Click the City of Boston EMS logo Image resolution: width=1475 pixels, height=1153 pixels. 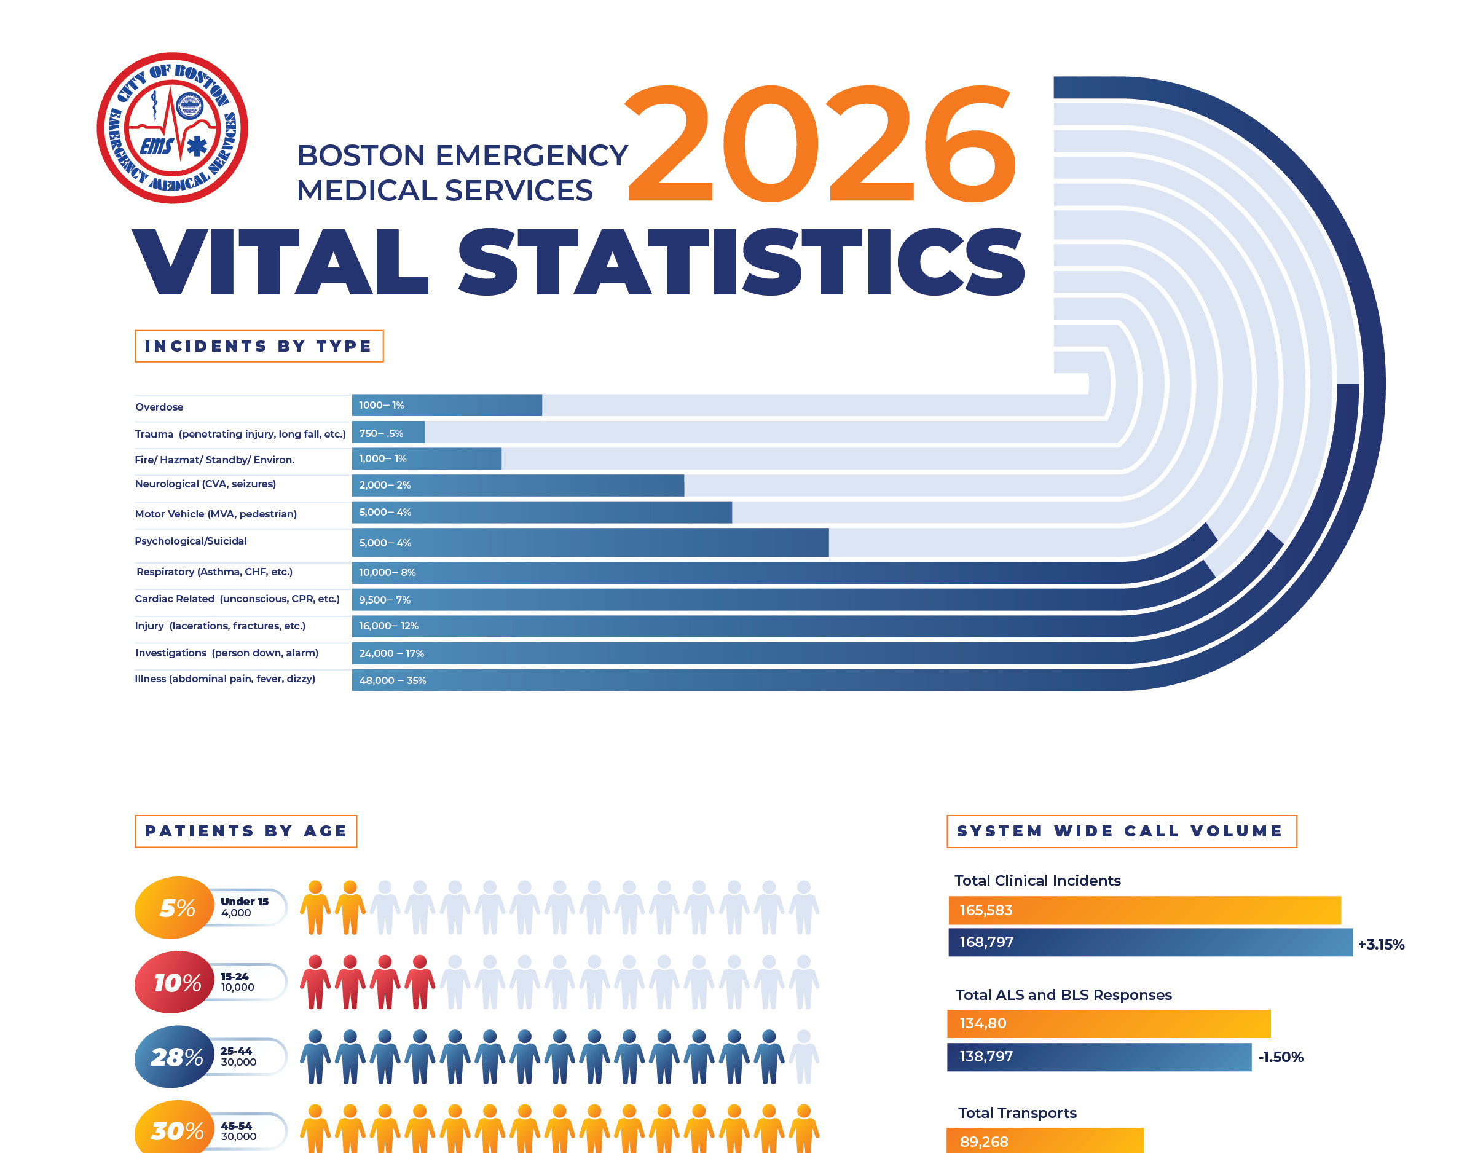[x=172, y=128]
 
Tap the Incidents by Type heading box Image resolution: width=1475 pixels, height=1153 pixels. [x=259, y=347]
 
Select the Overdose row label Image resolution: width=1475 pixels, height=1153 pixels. [x=159, y=407]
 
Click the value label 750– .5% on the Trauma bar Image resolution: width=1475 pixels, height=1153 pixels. [x=381, y=433]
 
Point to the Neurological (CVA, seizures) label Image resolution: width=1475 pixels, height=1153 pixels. [x=205, y=484]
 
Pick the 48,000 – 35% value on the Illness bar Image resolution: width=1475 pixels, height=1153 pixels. [x=392, y=680]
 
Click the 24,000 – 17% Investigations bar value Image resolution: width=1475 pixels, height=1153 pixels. [x=391, y=653]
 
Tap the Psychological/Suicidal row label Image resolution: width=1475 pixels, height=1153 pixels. [x=191, y=541]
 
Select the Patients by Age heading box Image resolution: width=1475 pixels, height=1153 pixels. [x=246, y=832]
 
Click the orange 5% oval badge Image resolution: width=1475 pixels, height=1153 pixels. [x=175, y=908]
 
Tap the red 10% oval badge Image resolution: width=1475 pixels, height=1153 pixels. [x=175, y=983]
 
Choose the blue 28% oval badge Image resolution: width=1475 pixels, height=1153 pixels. [x=175, y=1057]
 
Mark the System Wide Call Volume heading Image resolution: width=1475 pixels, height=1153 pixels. [x=1121, y=832]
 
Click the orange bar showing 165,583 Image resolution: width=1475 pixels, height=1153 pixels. [x=1144, y=910]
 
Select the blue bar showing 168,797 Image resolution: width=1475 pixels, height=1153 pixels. [x=1150, y=942]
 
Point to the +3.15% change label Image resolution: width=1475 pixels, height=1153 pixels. [x=1381, y=944]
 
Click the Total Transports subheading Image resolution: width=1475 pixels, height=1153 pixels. [x=1017, y=1113]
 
